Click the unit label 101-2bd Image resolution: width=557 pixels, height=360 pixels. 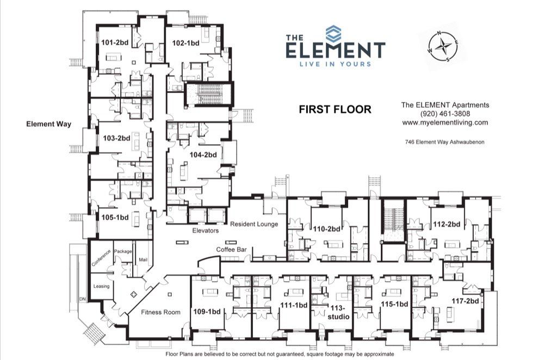click(x=114, y=42)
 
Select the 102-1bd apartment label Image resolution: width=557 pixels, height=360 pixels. click(x=185, y=42)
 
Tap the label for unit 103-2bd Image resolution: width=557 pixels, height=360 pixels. click(x=116, y=138)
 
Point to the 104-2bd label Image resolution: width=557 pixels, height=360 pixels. click(x=203, y=154)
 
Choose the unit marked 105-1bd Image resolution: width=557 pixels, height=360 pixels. click(x=115, y=217)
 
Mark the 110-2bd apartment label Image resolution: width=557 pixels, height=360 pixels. click(x=325, y=229)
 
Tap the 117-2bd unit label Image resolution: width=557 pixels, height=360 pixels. click(x=465, y=301)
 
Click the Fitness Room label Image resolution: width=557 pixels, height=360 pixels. click(x=160, y=312)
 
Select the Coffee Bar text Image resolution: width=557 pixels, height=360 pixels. click(x=232, y=250)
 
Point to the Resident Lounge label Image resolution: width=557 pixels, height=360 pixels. click(x=253, y=224)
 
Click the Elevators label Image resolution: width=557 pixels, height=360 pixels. click(x=206, y=231)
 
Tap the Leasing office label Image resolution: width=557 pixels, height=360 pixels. click(x=101, y=286)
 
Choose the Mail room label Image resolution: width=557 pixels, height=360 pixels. click(x=143, y=259)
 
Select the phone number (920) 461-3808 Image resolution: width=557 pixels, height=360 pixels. click(x=445, y=114)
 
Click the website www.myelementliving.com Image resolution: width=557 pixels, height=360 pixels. click(x=445, y=122)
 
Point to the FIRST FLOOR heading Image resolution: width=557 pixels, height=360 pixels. click(x=335, y=109)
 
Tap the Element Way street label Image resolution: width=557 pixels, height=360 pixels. click(x=49, y=124)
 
